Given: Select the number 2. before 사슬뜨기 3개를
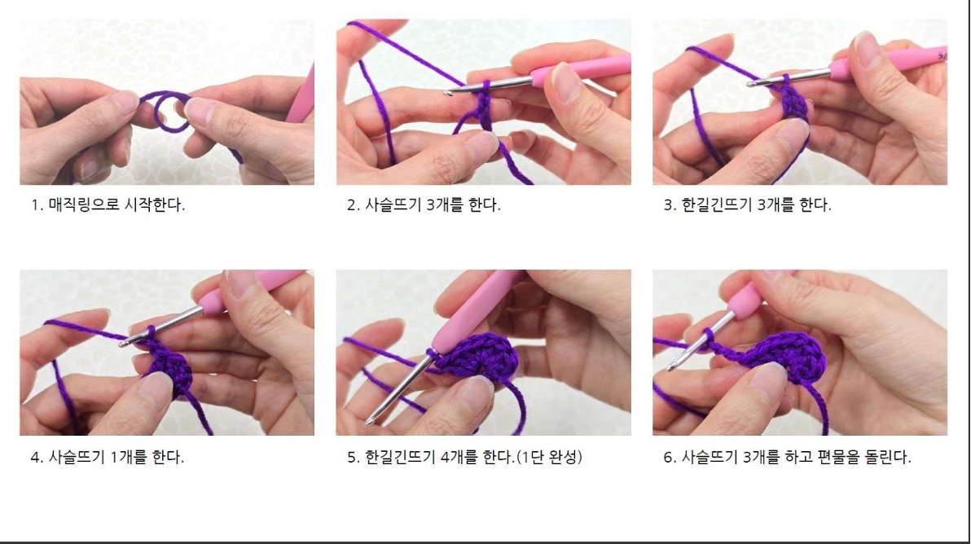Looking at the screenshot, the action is (x=354, y=205).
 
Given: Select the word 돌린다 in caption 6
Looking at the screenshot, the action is (x=886, y=458).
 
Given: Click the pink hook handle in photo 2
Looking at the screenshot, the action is (x=579, y=69).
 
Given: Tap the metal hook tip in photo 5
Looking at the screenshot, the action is (x=370, y=422).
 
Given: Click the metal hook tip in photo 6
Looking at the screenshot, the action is (x=670, y=367).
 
